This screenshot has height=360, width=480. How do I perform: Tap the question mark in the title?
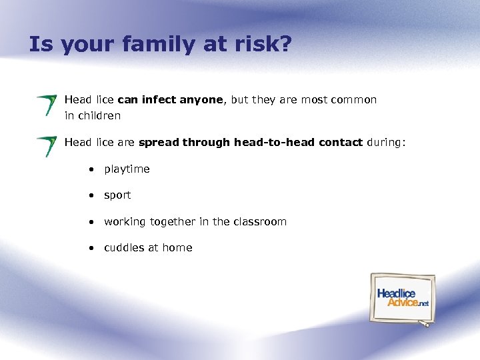(285, 45)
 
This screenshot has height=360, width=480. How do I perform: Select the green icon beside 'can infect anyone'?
(47, 105)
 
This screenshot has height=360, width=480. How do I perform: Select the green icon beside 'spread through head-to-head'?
(47, 146)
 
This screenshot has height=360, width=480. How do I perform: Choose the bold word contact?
(341, 142)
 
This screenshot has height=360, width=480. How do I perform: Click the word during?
(385, 142)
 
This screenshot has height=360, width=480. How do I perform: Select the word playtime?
(127, 169)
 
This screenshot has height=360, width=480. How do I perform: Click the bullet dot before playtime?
(89, 169)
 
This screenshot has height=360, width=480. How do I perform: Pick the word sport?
(117, 195)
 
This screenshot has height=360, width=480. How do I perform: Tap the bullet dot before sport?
(89, 195)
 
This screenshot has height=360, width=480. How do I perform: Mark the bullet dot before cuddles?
(89, 248)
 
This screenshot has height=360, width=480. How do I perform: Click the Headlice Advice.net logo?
(403, 298)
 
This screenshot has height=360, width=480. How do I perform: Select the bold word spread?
(159, 142)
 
